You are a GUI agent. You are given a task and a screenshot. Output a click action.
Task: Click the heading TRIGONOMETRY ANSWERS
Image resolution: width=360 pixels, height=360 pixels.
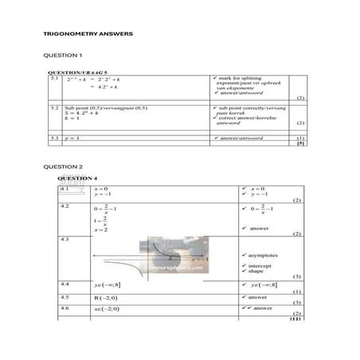(x=88, y=34)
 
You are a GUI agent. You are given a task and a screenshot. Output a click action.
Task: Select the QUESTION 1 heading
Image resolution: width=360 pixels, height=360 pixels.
(x=63, y=55)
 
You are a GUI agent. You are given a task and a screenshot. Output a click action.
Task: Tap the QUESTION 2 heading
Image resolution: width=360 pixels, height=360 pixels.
(x=63, y=166)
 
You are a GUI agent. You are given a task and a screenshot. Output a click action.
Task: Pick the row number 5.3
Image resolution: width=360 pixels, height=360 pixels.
(x=55, y=138)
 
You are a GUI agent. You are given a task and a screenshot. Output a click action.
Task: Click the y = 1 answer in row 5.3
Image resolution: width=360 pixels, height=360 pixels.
(x=73, y=138)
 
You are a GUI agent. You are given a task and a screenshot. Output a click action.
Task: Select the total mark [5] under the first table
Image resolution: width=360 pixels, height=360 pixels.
(x=300, y=144)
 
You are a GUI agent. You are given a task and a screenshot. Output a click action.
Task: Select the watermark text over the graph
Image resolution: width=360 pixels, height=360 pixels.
(x=174, y=268)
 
